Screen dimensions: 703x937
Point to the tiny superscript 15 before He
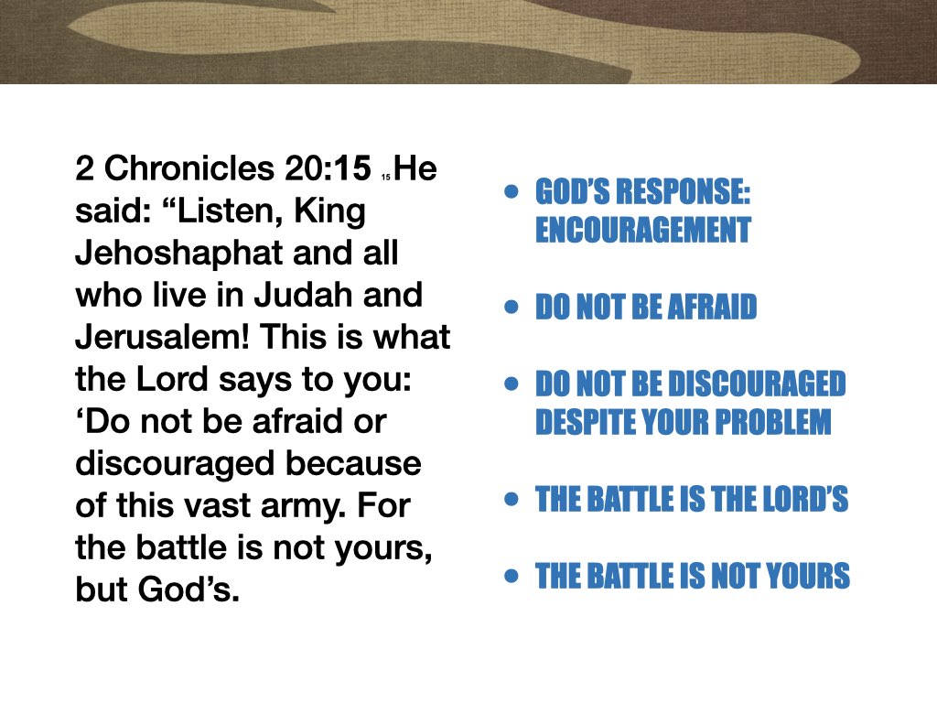pos(386,176)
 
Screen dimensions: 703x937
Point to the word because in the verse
pos(354,464)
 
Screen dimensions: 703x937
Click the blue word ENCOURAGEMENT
pos(642,231)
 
